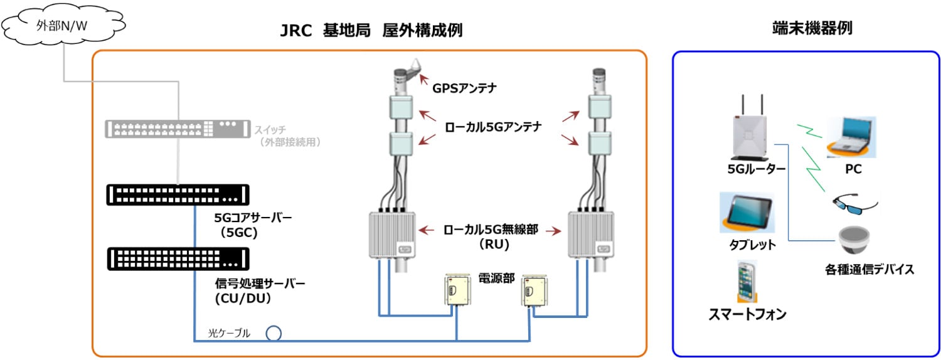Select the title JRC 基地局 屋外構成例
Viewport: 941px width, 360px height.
371,30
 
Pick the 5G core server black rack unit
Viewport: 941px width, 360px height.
178,194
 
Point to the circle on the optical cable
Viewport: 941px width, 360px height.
274,333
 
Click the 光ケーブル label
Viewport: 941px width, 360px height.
229,333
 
